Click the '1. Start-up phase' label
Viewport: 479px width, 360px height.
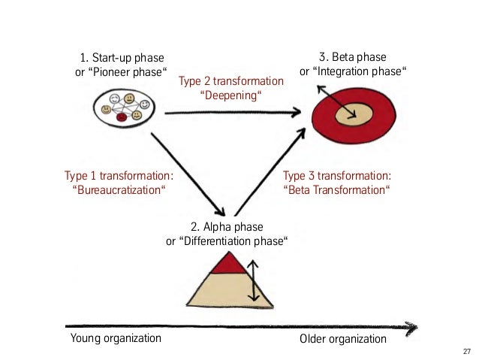(x=121, y=57)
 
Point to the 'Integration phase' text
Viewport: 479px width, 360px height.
(x=358, y=73)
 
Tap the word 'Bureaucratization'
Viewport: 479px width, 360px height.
(x=119, y=190)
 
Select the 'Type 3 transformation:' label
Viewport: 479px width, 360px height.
(x=337, y=175)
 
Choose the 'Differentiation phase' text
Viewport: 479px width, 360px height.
(x=227, y=241)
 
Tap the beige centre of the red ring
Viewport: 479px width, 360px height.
(x=354, y=116)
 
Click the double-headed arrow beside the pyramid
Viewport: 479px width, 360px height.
(x=253, y=280)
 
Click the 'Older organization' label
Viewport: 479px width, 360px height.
(x=342, y=339)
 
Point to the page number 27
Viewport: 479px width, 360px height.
(x=467, y=351)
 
